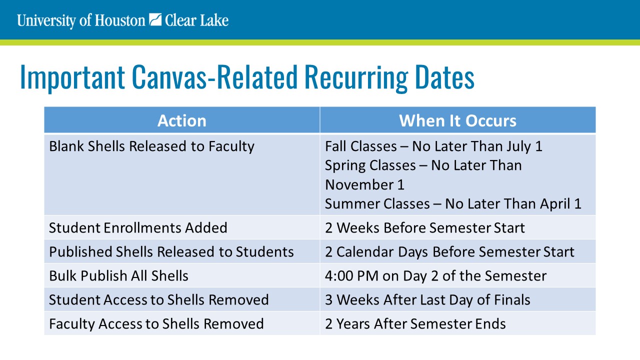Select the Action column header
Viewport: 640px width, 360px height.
pos(182,120)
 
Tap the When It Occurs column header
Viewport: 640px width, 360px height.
pos(457,120)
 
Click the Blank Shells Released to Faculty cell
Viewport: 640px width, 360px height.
pos(151,146)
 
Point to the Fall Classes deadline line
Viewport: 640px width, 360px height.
pos(433,146)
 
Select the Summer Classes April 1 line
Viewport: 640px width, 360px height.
pos(453,204)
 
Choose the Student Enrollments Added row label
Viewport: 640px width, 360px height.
pos(138,228)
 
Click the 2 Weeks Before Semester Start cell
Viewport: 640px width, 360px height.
pos(425,228)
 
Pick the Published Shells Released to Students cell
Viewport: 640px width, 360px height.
pos(171,251)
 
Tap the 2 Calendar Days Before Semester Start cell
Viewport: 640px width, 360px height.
pos(449,251)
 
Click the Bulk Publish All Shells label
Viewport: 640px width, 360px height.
pos(118,275)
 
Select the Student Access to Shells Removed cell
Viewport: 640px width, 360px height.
pos(158,299)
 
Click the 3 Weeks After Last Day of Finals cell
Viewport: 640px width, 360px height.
pos(427,299)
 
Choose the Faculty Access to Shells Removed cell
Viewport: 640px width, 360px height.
pos(156,323)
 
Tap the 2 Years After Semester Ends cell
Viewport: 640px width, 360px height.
pos(415,323)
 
